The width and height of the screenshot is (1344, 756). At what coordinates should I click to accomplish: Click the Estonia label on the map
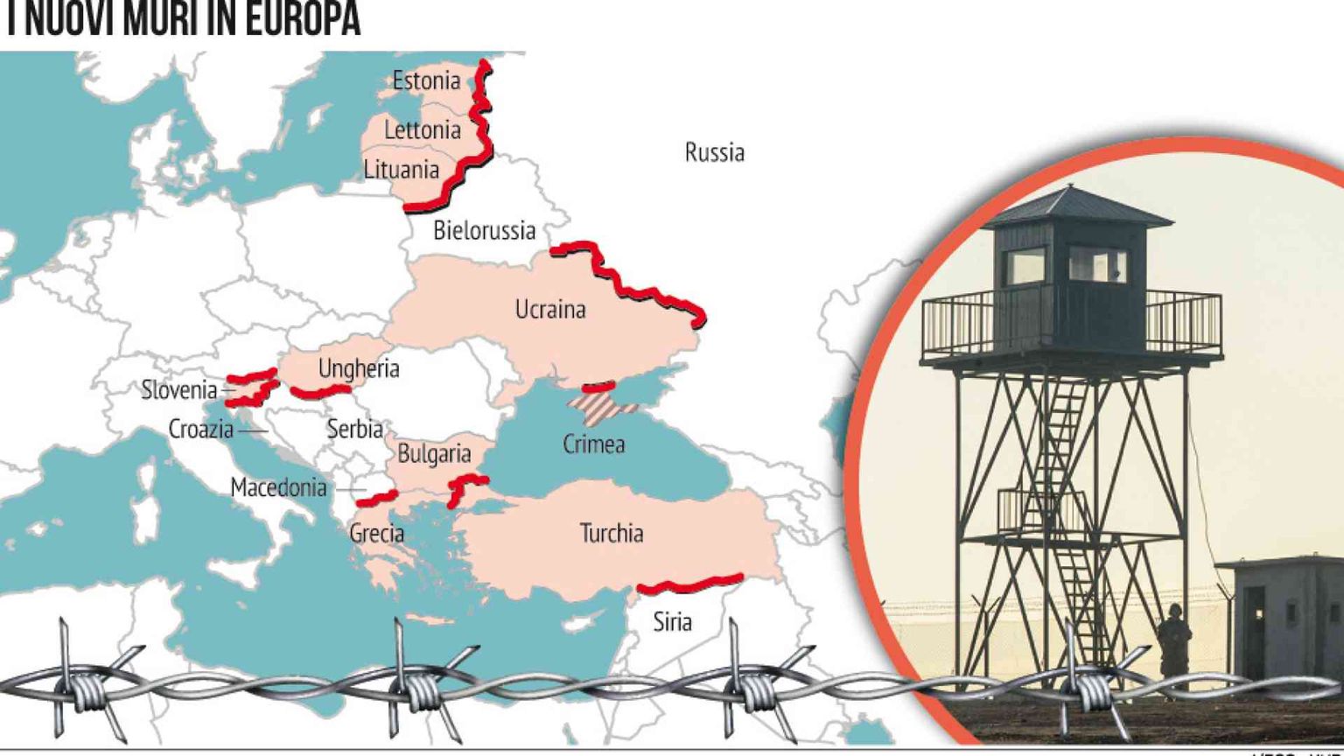click(x=426, y=80)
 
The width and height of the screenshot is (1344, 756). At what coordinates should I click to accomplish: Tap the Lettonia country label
click(x=423, y=130)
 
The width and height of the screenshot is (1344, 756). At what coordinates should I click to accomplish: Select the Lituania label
click(x=401, y=169)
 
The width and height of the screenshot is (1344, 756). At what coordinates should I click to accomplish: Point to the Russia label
click(x=714, y=152)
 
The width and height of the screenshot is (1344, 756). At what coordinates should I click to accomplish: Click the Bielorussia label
click(x=484, y=231)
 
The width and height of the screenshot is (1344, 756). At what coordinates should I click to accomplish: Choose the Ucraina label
click(x=549, y=309)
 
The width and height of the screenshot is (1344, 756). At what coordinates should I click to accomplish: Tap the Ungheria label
click(x=358, y=368)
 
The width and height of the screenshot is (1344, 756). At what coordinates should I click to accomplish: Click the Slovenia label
click(x=178, y=389)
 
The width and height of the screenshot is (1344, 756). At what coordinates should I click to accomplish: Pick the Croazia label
click(x=200, y=430)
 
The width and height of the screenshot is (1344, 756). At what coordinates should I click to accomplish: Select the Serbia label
click(x=354, y=429)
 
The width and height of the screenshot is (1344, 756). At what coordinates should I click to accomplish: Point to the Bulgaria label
click(x=434, y=454)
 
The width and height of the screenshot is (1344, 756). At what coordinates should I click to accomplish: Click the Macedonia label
click(x=278, y=487)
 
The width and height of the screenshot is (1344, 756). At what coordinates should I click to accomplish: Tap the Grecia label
click(x=376, y=533)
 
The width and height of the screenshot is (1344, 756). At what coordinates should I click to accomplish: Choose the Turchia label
click(x=611, y=533)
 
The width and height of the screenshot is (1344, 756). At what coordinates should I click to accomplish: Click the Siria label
click(x=672, y=622)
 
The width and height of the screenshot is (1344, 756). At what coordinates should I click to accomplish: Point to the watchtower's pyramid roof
click(x=1075, y=208)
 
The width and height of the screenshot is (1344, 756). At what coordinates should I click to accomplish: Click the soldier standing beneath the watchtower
click(x=1174, y=646)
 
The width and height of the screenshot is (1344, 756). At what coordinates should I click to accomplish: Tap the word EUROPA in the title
click(x=302, y=21)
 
